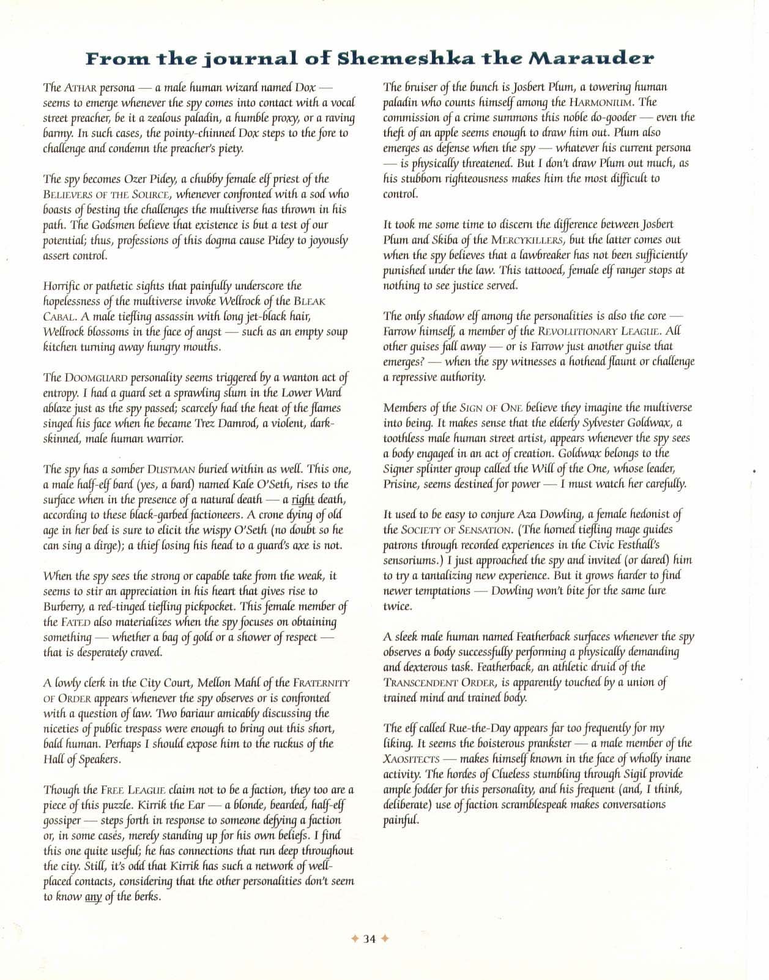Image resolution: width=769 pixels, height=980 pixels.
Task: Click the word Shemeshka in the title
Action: (x=399, y=59)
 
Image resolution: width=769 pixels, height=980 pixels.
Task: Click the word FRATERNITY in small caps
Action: (x=321, y=683)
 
